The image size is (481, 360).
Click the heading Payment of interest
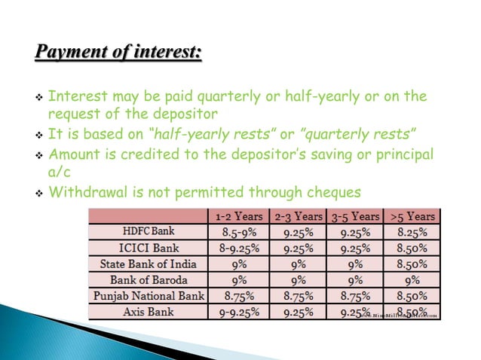pos(119,55)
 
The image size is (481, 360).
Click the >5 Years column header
pos(412,216)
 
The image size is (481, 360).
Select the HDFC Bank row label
pos(148,232)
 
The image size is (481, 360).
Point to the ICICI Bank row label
pos(148,248)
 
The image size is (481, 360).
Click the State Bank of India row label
pos(148,264)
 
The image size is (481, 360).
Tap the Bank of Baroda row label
pos(148,279)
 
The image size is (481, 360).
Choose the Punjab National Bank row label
pos(148,295)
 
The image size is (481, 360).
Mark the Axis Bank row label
pos(148,311)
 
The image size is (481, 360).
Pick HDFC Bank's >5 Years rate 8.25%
pos(412,232)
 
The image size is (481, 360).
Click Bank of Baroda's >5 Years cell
pos(412,279)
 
